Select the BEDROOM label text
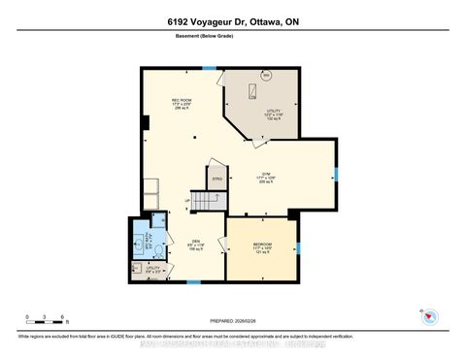(x=262, y=244)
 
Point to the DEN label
(x=194, y=243)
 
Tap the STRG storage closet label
(x=218, y=179)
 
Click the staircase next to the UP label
(x=206, y=201)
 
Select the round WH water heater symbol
(x=265, y=76)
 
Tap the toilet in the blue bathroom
(x=137, y=245)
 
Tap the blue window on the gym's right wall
(x=337, y=175)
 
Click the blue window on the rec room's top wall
(x=208, y=67)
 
